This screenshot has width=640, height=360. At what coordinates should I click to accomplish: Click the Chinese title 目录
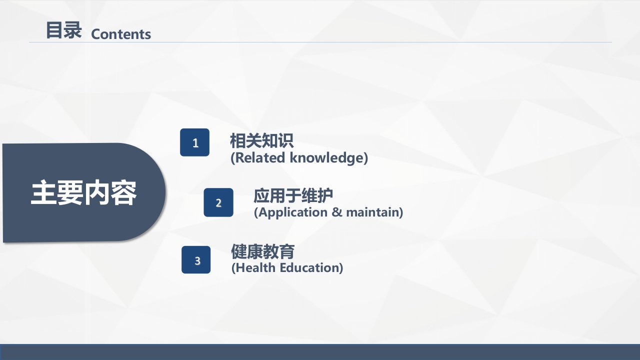(x=63, y=30)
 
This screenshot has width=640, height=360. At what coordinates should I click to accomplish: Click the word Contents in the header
(x=121, y=34)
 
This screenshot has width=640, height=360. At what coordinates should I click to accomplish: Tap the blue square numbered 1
(x=195, y=142)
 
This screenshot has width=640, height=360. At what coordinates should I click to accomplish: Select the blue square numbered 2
(x=218, y=202)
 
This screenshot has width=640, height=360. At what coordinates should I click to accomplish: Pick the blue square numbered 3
(x=196, y=260)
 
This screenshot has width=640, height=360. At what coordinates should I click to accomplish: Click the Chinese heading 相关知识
(x=261, y=140)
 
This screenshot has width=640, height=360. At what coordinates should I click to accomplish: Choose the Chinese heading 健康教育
(x=262, y=251)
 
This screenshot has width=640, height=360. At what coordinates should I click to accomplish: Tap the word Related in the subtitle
(x=258, y=158)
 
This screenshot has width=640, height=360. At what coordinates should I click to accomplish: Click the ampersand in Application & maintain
(x=336, y=212)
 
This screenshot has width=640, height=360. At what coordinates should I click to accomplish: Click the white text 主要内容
(x=83, y=193)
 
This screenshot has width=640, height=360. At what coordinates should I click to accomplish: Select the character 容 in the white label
(x=123, y=193)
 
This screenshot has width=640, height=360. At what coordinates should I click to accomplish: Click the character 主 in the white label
(x=43, y=193)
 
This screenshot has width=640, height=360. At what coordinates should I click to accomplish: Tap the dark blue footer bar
(x=320, y=352)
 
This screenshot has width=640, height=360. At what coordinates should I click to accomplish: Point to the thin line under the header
(x=320, y=42)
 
